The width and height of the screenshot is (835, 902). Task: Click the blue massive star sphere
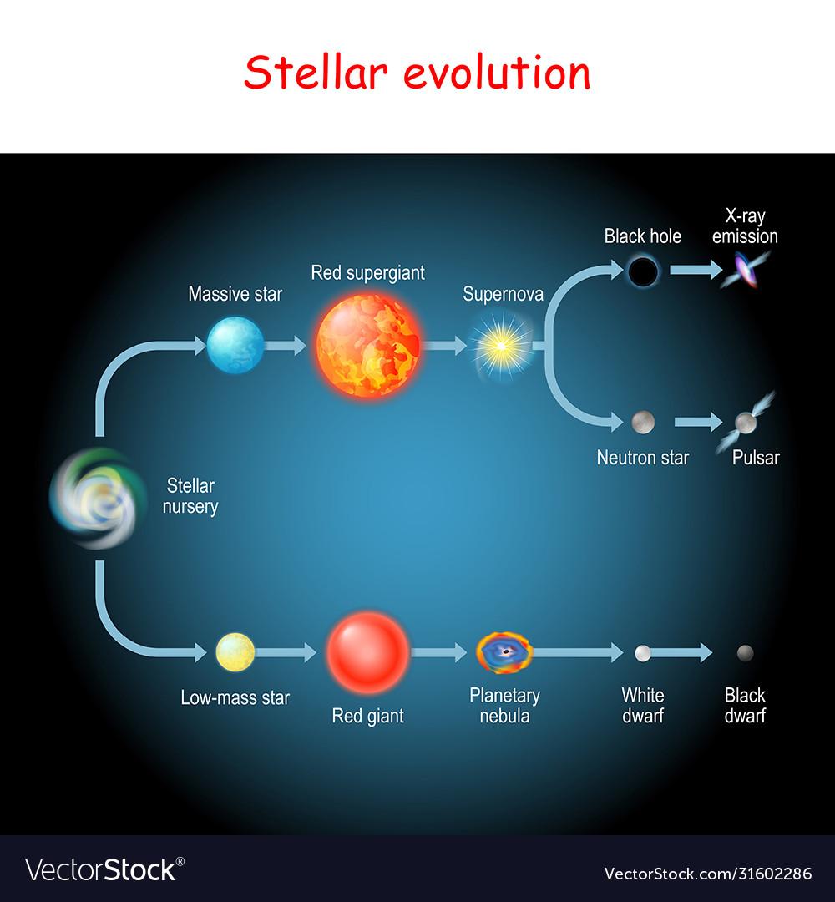click(x=235, y=344)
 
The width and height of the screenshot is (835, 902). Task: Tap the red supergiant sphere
click(x=369, y=343)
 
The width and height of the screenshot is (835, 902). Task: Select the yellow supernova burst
click(x=500, y=343)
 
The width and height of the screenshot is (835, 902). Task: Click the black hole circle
click(x=644, y=271)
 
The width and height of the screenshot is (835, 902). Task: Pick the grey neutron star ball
click(x=643, y=422)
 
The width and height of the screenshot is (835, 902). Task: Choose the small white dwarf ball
click(x=643, y=653)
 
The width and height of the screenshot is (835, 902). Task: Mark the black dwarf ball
click(x=745, y=652)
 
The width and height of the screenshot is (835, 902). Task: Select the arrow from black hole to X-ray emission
click(x=694, y=270)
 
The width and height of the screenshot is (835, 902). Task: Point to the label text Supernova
click(x=504, y=294)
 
